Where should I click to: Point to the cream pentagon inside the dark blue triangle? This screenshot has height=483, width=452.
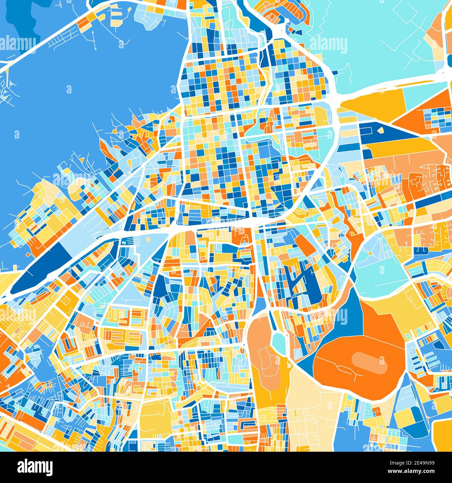[x=381, y=131]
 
